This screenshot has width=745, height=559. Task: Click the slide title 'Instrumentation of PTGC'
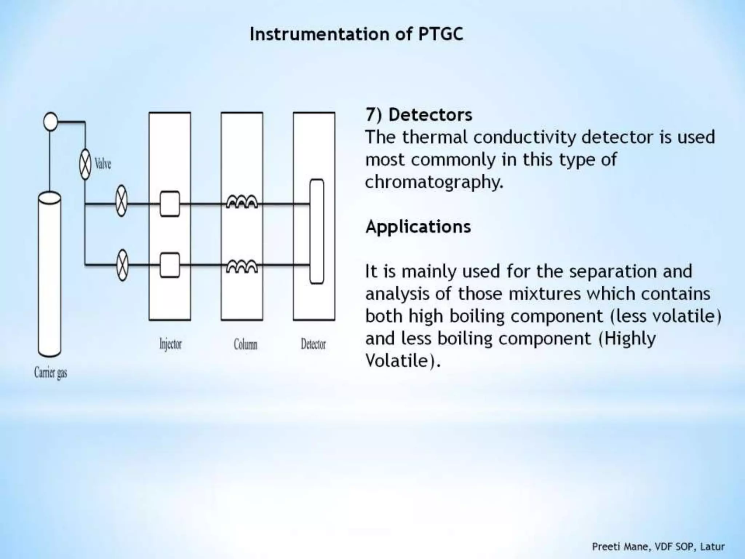tap(356, 35)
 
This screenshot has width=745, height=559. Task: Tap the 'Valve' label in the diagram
tap(103, 164)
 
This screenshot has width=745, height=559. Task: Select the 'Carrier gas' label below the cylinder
tap(51, 373)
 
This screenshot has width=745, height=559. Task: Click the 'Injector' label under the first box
tap(170, 344)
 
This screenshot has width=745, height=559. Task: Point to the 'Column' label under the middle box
tap(246, 344)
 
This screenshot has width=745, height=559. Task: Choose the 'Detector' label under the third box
tap(313, 344)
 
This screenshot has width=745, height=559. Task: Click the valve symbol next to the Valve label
tap(85, 164)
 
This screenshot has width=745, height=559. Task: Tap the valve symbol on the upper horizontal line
tap(121, 201)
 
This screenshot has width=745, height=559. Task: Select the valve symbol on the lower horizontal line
tap(122, 265)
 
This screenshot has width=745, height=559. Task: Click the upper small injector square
tap(170, 204)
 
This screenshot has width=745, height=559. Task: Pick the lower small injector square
tap(170, 265)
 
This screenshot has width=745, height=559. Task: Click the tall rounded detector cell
tap(316, 231)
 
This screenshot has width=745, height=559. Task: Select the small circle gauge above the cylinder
tap(51, 121)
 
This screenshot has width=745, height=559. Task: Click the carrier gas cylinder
tap(49, 275)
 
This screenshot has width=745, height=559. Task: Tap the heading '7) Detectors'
tap(419, 115)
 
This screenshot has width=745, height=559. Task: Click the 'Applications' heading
tap(418, 227)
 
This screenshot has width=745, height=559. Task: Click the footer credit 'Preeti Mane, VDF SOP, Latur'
tap(658, 547)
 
